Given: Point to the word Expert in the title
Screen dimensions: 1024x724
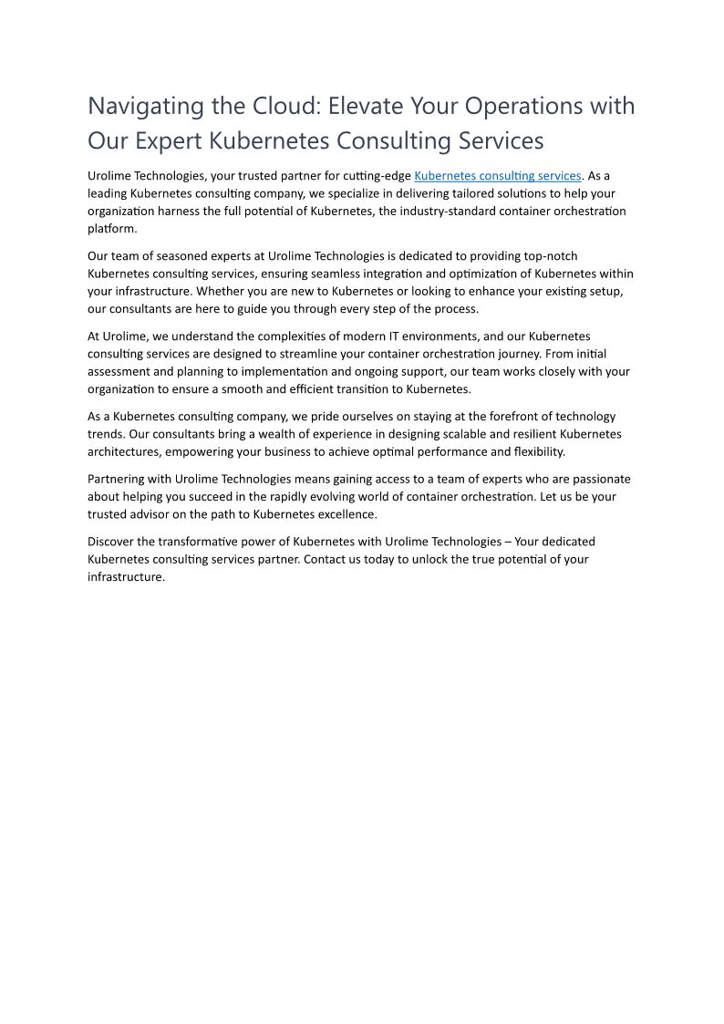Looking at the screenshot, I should point(170,141).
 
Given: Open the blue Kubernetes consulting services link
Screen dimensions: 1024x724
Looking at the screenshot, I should point(497,176).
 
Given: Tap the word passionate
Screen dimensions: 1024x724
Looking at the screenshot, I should point(595,479).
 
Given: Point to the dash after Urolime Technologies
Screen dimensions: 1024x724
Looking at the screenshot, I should point(508,542).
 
